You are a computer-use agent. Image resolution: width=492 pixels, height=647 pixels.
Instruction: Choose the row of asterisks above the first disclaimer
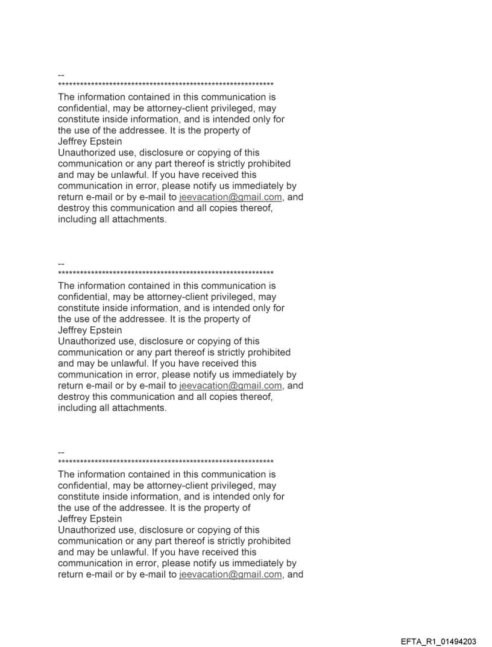coord(166,85)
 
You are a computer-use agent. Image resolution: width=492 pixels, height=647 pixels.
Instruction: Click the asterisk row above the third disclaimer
coord(166,462)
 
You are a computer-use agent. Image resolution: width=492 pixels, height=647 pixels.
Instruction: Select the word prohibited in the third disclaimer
coord(267,541)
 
